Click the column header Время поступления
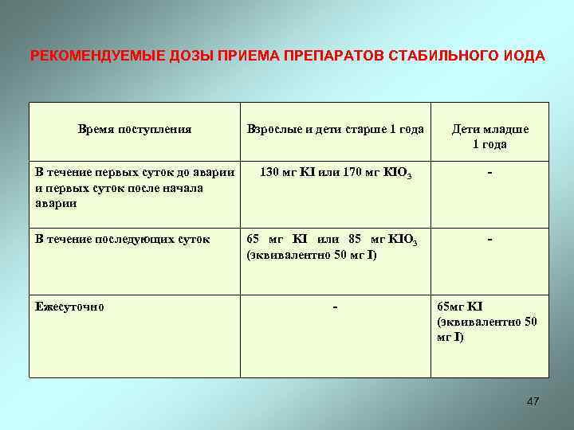click(135, 129)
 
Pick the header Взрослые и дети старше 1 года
click(335, 129)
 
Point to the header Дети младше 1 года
click(489, 136)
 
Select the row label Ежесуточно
click(69, 307)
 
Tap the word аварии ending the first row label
click(57, 202)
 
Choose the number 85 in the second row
click(356, 239)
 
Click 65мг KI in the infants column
click(460, 307)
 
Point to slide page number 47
click(533, 401)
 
